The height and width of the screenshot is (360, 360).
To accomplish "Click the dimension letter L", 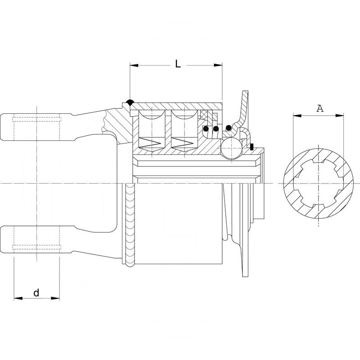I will (x=178, y=64).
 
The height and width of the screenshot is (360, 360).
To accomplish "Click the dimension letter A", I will (x=319, y=108).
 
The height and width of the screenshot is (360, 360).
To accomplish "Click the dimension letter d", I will (x=36, y=293).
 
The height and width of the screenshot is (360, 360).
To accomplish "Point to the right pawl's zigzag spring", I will (x=183, y=143).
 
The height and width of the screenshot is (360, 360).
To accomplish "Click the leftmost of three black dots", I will (x=206, y=130).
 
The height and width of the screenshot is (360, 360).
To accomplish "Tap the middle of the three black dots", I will (x=216, y=130).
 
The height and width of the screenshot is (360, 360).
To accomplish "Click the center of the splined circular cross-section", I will (x=318, y=184).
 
